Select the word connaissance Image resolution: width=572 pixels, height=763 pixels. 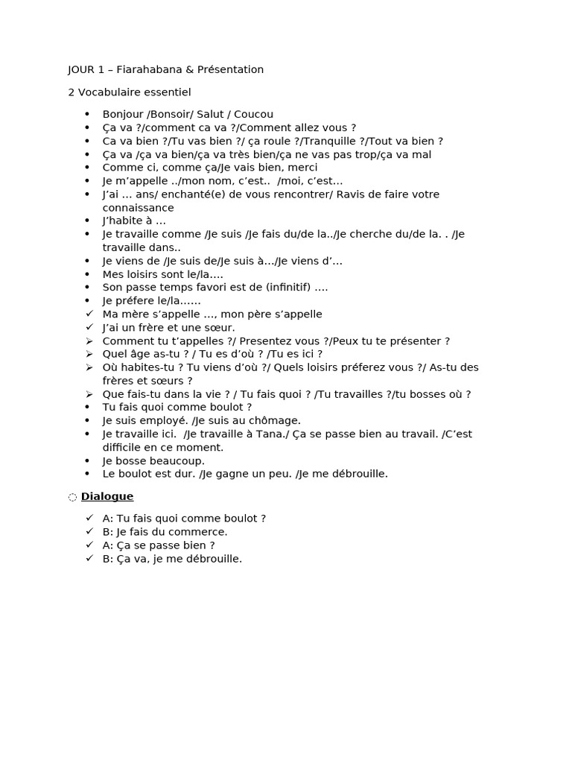pos(138,208)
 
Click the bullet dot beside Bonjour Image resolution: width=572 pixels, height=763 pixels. pos(87,114)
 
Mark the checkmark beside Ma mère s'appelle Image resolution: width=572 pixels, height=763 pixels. pos(89,314)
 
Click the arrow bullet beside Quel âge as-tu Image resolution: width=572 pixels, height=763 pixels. pos(89,354)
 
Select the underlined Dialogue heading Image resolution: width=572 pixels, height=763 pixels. pos(107,496)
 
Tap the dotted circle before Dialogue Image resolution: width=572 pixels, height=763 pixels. pos(72,497)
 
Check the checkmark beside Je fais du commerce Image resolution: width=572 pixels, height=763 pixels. pos(89,531)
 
